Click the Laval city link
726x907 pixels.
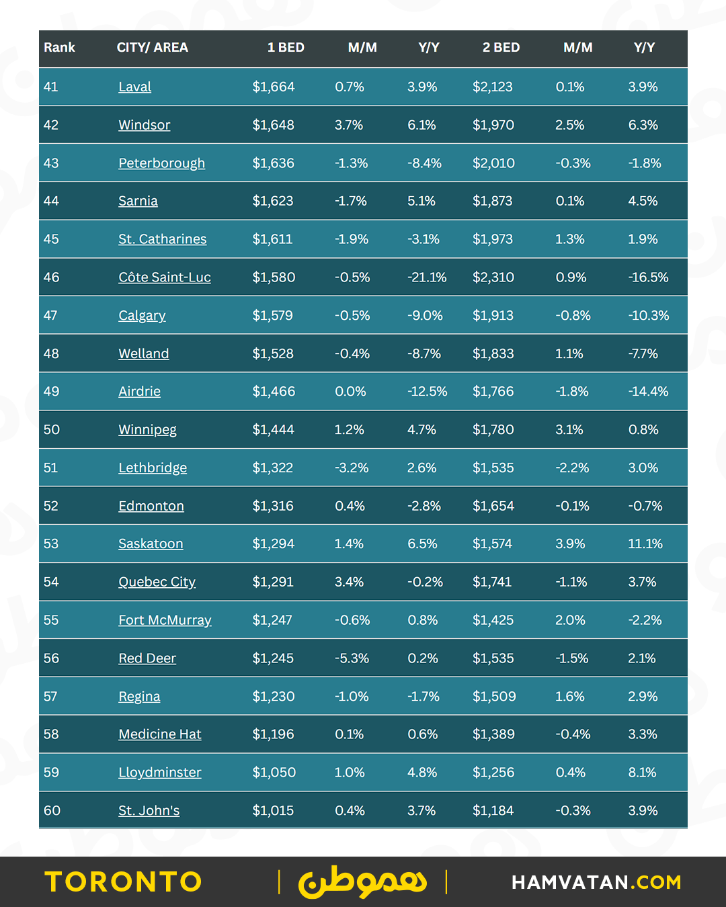click(134, 87)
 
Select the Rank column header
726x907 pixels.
click(59, 48)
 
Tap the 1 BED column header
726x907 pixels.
click(286, 48)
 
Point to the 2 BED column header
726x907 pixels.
click(501, 48)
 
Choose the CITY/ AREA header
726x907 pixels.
click(152, 48)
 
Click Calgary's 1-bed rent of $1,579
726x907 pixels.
click(272, 315)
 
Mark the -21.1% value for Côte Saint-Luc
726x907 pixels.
click(427, 277)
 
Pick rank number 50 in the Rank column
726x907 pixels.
click(52, 429)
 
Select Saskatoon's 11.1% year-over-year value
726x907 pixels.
click(645, 544)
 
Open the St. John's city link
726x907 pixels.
click(149, 811)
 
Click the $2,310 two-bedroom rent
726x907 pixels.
click(493, 277)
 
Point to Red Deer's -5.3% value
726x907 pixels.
click(352, 658)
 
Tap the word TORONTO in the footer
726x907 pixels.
click(124, 882)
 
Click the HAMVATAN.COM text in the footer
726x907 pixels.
click(596, 882)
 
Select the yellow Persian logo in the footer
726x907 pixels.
click(362, 882)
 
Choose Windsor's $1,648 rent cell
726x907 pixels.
click(273, 125)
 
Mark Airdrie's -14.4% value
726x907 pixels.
click(648, 392)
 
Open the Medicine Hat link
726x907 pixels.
click(160, 734)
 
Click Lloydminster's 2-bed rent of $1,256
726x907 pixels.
click(493, 773)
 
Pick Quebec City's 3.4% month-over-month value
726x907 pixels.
click(349, 582)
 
